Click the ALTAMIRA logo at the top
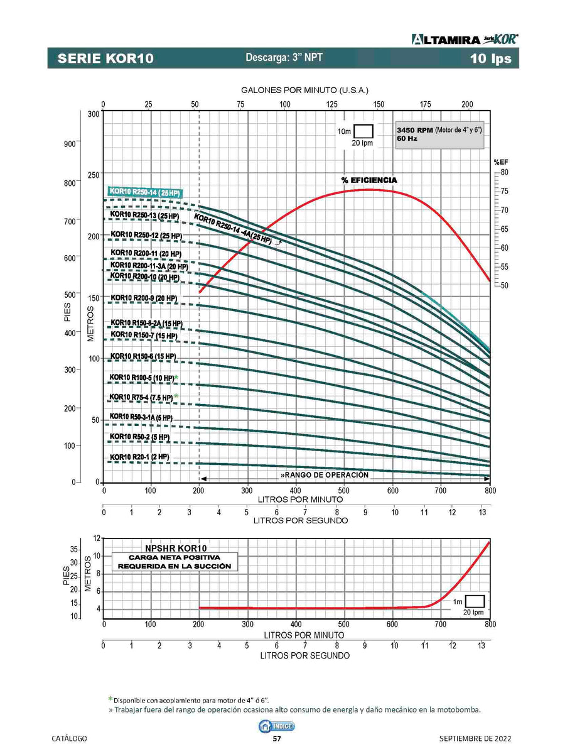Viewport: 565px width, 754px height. [465, 39]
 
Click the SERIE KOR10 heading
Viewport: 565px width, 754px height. [105, 59]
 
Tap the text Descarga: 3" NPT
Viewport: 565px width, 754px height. [284, 58]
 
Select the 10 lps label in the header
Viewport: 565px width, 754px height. [491, 59]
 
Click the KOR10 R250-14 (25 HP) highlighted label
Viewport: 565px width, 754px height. [144, 192]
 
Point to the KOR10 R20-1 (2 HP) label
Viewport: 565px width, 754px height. [139, 457]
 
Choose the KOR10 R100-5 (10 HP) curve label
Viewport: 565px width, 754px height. [142, 378]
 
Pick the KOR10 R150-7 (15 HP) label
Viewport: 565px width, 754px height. [144, 336]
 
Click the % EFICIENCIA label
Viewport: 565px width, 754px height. [369, 180]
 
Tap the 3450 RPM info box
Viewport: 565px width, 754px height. [439, 134]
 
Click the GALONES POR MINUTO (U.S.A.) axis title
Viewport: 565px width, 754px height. [304, 90]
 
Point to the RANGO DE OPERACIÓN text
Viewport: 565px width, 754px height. [325, 475]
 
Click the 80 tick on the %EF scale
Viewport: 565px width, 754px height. [504, 172]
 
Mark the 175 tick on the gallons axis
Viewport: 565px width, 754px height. [425, 104]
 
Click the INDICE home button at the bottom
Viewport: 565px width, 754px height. [277, 726]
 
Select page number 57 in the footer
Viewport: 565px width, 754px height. [277, 738]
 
